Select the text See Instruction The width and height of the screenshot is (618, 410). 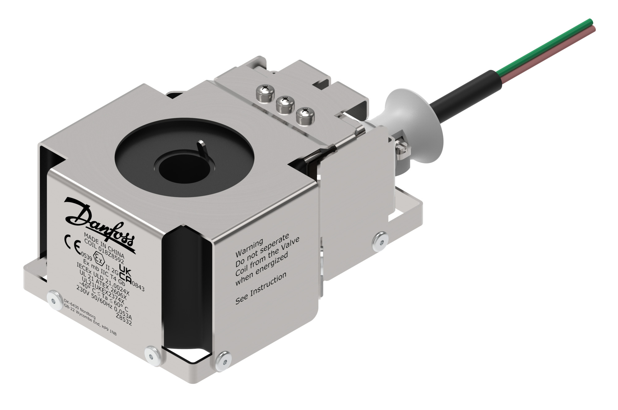pyautogui.click(x=260, y=288)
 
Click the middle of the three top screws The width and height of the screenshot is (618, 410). pyautogui.click(x=284, y=104)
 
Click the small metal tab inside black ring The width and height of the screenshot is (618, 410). pyautogui.click(x=203, y=148)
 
